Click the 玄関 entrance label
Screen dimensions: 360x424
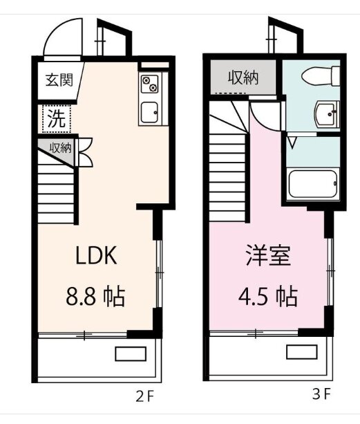point(59,80)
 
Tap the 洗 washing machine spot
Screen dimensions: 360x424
point(57,119)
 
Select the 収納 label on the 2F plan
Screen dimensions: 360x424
point(61,148)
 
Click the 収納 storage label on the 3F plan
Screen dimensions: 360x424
point(243,78)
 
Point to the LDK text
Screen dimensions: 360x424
point(96,255)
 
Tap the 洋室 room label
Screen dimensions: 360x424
point(268,255)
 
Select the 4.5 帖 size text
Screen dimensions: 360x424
point(267,296)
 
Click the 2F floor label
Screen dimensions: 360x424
point(144,397)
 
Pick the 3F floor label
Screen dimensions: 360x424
point(321,394)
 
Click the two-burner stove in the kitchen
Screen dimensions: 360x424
point(149,84)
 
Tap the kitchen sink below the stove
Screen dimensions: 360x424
point(150,112)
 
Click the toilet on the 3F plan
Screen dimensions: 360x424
point(321,76)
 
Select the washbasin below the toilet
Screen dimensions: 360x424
point(327,114)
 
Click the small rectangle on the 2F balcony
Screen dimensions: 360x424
point(131,353)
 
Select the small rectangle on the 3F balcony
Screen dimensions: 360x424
point(302,351)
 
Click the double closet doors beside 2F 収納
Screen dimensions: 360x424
point(86,152)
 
